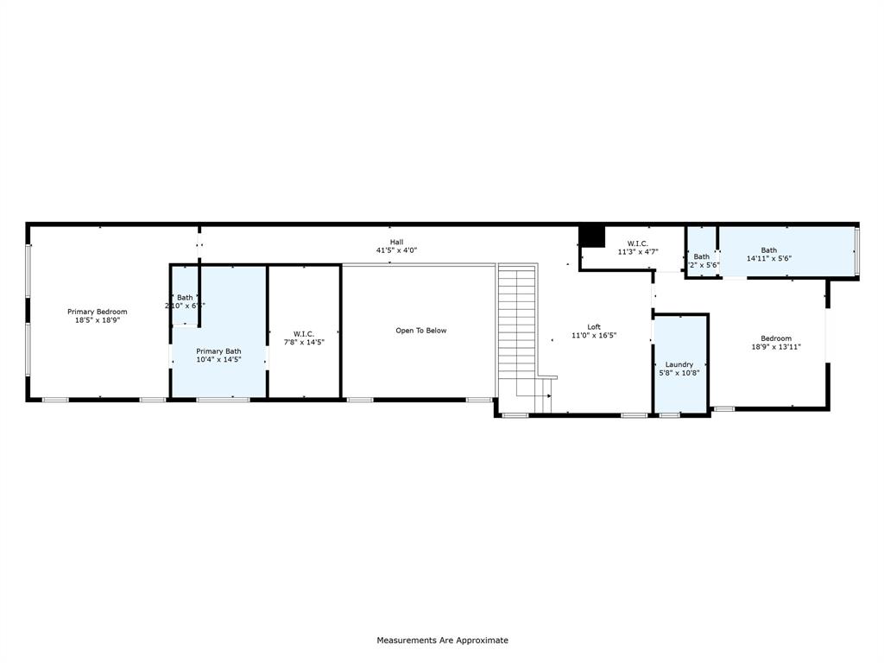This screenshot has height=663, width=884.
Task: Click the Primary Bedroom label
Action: pos(98,312)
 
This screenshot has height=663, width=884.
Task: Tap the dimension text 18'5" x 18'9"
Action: pos(98,320)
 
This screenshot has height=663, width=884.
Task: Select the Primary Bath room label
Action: pos(218,350)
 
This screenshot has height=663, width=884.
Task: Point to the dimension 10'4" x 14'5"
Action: pos(218,359)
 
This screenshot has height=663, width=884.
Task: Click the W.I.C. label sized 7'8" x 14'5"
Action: pos(304,333)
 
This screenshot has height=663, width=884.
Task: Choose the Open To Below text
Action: pos(420,331)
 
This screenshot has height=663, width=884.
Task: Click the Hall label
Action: pos(396,242)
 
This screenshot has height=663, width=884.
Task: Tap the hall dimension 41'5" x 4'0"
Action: pos(396,250)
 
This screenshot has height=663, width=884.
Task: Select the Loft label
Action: pos(594,326)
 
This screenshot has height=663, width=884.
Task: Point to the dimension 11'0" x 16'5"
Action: pos(594,335)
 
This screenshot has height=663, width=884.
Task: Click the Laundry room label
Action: pos(679,364)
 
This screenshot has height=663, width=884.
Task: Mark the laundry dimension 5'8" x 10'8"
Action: pos(679,373)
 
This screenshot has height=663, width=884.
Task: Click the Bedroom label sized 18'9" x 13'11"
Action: pos(775,338)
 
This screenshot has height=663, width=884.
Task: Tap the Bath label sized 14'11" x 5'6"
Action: pos(768,250)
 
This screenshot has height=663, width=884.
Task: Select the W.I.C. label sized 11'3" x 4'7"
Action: pos(638,243)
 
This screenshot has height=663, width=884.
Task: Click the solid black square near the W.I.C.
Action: pos(591,236)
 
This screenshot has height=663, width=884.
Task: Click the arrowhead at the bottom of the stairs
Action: pos(548,395)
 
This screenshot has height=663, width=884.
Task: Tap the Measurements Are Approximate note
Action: pos(442,641)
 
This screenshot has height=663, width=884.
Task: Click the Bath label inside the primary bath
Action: pos(185,297)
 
